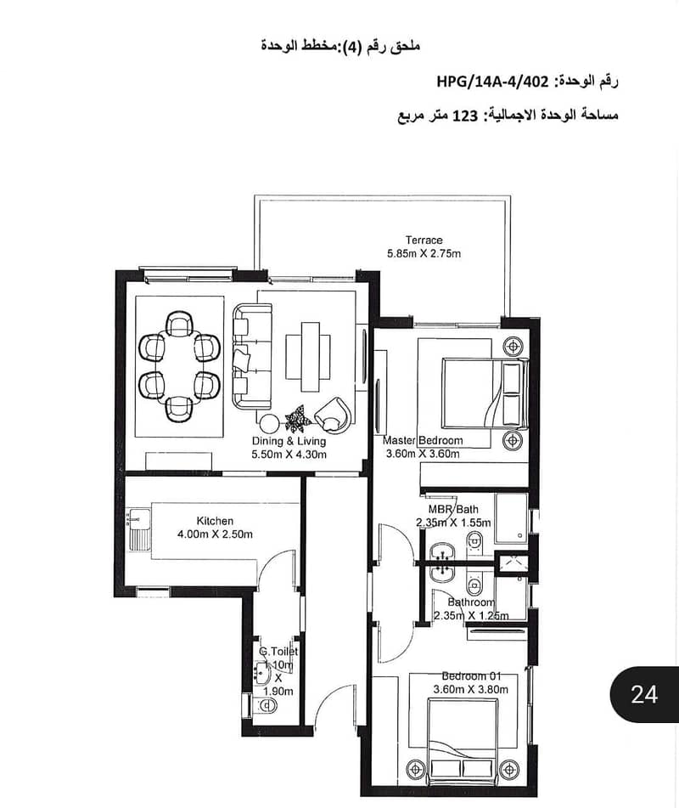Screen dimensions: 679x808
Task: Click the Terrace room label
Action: point(424,240)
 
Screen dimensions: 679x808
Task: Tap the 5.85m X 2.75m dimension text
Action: point(424,253)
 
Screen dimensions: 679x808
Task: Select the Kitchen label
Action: point(215,521)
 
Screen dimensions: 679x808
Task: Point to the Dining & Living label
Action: point(289,441)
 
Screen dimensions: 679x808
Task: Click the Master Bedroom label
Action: point(423,441)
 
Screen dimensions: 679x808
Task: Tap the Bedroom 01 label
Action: point(471,676)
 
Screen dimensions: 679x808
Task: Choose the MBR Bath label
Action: point(453,509)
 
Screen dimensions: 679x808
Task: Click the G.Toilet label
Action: point(278,652)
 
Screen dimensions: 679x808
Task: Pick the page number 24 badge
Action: point(644,695)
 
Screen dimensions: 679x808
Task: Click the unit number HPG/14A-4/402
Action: point(492,82)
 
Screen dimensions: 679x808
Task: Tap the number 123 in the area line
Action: point(465,116)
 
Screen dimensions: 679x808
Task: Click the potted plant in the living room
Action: point(298,418)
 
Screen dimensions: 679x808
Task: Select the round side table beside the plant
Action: point(269,424)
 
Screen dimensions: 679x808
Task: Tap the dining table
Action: point(179,366)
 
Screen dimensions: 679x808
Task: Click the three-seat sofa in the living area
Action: point(252,357)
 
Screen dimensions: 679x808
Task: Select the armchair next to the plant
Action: point(334,414)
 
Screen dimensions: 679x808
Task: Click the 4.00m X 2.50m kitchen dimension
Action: point(215,534)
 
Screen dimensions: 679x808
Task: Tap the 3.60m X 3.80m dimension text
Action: point(470,690)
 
